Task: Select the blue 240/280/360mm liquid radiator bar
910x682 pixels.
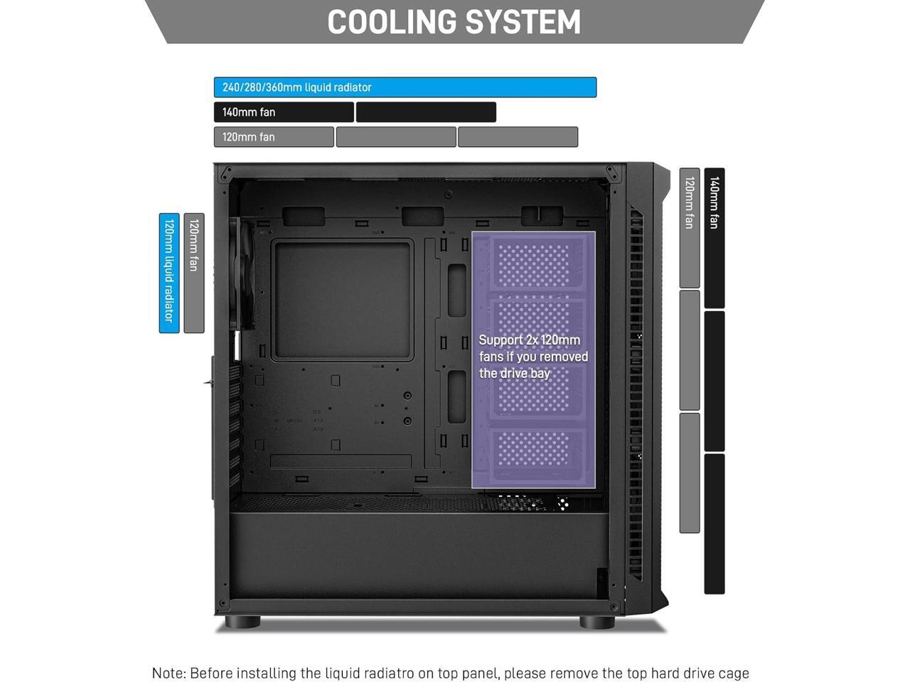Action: pyautogui.click(x=405, y=87)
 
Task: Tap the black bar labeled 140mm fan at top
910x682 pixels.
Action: pyautogui.click(x=284, y=112)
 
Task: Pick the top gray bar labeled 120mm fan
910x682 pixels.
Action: pyautogui.click(x=274, y=137)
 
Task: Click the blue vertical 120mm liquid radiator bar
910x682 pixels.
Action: pyautogui.click(x=169, y=273)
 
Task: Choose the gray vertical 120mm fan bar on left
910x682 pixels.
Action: pyautogui.click(x=194, y=273)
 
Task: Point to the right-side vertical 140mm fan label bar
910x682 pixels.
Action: pyautogui.click(x=714, y=238)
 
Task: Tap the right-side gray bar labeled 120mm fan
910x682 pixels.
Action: pyautogui.click(x=690, y=227)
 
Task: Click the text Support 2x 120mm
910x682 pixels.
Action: pyautogui.click(x=529, y=340)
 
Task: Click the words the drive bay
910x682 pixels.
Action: pyautogui.click(x=514, y=374)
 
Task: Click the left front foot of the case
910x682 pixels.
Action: pyautogui.click(x=242, y=622)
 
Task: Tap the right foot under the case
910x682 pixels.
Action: pyautogui.click(x=596, y=622)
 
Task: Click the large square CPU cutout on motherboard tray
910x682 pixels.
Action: pyautogui.click(x=342, y=300)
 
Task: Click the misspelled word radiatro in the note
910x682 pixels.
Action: pyautogui.click(x=412, y=673)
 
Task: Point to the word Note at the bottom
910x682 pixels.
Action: pyautogui.click(x=168, y=673)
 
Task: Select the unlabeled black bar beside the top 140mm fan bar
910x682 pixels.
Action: pyautogui.click(x=426, y=112)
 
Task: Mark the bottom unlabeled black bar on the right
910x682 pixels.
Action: pyautogui.click(x=714, y=524)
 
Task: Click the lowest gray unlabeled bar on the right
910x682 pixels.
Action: pyautogui.click(x=690, y=472)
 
